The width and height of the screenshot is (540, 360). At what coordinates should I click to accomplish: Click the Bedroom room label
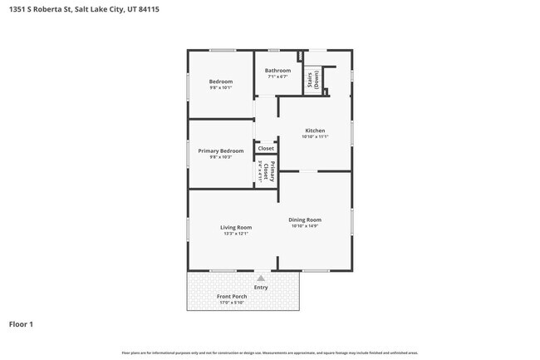point(221,81)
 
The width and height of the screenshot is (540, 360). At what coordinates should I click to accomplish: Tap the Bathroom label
point(278,71)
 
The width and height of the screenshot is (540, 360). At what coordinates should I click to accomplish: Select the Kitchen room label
point(315,131)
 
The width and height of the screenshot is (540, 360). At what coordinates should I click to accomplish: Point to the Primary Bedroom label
point(221,150)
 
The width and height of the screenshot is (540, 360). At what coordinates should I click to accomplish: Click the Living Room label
point(236,227)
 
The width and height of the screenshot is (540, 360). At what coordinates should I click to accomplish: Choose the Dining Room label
point(305,219)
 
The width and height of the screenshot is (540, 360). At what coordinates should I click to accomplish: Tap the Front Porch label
point(232,297)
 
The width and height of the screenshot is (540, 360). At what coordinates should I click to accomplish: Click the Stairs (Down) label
point(312,80)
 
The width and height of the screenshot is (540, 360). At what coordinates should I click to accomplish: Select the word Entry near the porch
point(261,288)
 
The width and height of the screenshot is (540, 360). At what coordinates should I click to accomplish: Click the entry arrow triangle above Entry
point(261,279)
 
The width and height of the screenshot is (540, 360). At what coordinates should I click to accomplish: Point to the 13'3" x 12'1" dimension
point(236,234)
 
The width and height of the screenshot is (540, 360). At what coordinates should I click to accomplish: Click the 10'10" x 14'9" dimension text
point(305,226)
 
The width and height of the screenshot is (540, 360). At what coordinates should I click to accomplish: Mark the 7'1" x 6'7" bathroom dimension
point(278,77)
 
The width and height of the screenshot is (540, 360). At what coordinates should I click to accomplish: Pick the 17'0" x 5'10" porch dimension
point(232,303)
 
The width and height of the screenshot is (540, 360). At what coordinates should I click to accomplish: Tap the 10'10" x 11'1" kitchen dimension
point(315,137)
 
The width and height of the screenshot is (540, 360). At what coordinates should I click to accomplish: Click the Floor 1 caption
point(21,324)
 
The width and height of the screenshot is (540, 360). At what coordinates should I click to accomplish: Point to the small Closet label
point(266,149)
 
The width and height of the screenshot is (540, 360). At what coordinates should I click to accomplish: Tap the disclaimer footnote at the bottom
point(270,353)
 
